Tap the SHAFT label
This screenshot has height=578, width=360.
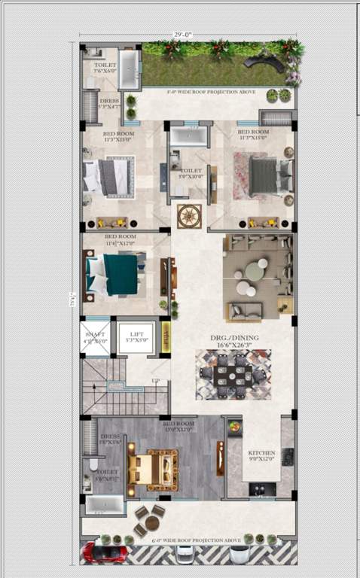point(96,336)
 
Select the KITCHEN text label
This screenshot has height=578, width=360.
point(262,454)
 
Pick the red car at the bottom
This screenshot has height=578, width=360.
point(105,552)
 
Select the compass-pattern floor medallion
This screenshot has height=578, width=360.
point(188,215)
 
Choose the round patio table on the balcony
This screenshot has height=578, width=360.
point(152,522)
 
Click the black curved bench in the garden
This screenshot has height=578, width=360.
point(269,63)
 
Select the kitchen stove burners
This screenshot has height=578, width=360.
point(288,457)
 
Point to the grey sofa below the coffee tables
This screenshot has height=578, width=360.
point(246,310)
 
